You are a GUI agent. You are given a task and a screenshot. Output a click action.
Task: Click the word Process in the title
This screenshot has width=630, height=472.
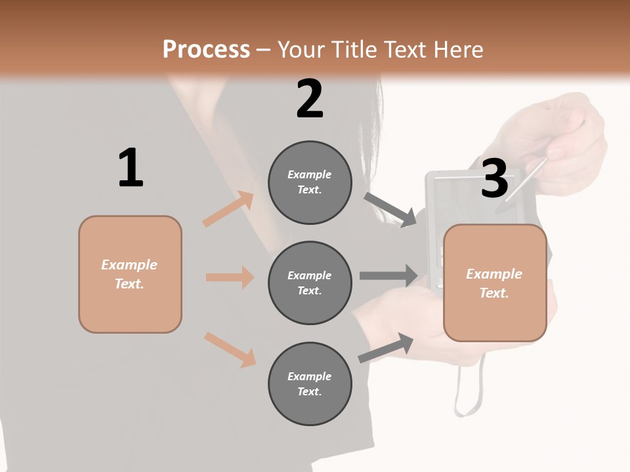click(x=206, y=50)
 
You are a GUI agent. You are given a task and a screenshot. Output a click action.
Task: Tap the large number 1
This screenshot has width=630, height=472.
click(x=131, y=168)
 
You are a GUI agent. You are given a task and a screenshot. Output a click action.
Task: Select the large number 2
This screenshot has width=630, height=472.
click(x=310, y=99)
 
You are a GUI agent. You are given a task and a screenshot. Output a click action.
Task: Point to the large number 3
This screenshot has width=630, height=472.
click(x=494, y=179)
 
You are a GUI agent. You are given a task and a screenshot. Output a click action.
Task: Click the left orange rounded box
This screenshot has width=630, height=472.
click(x=130, y=274)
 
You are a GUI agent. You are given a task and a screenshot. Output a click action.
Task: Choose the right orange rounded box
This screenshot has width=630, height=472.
click(x=495, y=283)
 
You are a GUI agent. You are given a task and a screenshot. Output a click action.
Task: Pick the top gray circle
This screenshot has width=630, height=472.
click(x=310, y=182)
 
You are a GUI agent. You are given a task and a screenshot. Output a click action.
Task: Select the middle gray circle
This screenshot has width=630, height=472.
click(x=310, y=283)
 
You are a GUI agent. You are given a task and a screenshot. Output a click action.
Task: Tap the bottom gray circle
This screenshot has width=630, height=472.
click(x=310, y=383)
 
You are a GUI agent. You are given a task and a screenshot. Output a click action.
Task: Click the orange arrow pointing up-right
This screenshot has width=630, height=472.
click(x=228, y=208)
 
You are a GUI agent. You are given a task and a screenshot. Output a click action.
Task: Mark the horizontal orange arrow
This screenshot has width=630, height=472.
click(x=230, y=277)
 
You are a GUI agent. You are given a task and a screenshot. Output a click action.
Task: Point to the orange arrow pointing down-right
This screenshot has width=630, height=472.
click(x=230, y=349)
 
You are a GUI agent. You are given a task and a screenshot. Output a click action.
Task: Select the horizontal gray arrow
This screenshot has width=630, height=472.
click(x=388, y=275)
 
